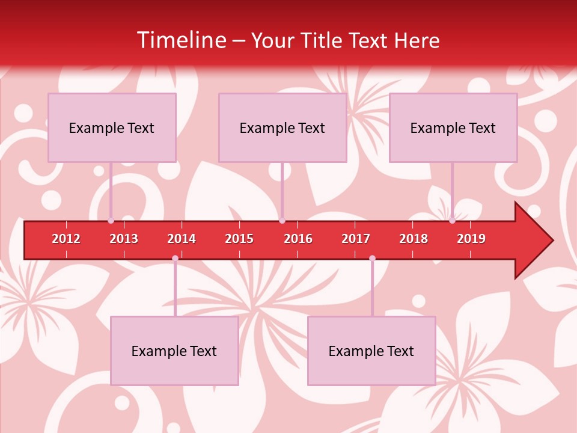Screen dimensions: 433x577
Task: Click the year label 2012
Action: pyautogui.click(x=66, y=239)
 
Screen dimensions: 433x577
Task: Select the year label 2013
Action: pyautogui.click(x=124, y=239)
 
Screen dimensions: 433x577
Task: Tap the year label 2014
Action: pyautogui.click(x=182, y=239)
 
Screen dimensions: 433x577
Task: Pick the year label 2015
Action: pyautogui.click(x=239, y=239)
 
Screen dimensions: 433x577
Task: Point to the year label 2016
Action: pyautogui.click(x=298, y=239)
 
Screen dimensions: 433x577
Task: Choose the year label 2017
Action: pyautogui.click(x=356, y=239)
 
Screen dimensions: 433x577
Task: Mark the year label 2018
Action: pyautogui.click(x=414, y=239)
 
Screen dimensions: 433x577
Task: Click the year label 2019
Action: pyautogui.click(x=471, y=239)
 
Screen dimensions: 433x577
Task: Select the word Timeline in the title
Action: pyautogui.click(x=181, y=40)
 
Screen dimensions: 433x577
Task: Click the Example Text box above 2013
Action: pyautogui.click(x=112, y=127)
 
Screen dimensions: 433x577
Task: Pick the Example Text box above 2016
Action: pyautogui.click(x=282, y=127)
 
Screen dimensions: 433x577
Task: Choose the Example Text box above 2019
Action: pyautogui.click(x=453, y=127)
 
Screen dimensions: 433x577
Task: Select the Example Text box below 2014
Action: pyautogui.click(x=174, y=351)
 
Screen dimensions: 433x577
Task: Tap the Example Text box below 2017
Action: pyautogui.click(x=371, y=351)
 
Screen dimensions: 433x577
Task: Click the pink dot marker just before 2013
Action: pyautogui.click(x=111, y=221)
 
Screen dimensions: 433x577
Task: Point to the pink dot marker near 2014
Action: pyautogui.click(x=175, y=259)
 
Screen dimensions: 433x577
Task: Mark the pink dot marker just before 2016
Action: pyautogui.click(x=282, y=221)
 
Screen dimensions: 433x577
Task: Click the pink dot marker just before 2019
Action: pyautogui.click(x=453, y=221)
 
